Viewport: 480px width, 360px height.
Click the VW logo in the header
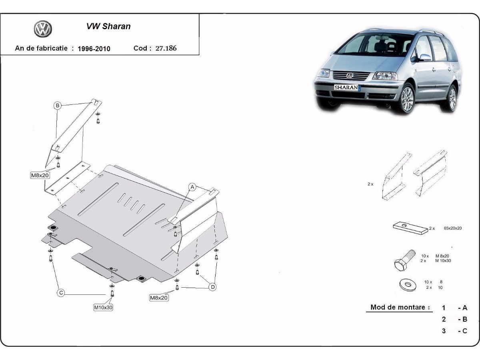43,29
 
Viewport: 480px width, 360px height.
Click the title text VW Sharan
108,26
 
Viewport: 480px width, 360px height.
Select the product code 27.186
166,48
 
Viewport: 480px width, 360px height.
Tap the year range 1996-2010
94,49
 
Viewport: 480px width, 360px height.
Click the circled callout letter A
192,187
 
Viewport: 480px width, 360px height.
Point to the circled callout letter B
58,106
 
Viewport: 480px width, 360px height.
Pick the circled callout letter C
61,293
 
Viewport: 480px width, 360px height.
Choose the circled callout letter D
213,287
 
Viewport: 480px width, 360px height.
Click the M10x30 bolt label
103,308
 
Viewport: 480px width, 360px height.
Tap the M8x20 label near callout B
40,175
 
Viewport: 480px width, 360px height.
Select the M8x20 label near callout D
159,298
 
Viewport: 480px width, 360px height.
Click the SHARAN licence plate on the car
346,87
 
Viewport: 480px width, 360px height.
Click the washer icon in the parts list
407,285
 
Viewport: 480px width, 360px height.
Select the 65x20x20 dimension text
453,228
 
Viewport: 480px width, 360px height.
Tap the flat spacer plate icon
410,228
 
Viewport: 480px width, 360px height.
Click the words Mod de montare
398,307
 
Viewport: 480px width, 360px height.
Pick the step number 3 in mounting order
444,331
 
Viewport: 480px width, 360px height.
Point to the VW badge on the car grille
350,75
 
